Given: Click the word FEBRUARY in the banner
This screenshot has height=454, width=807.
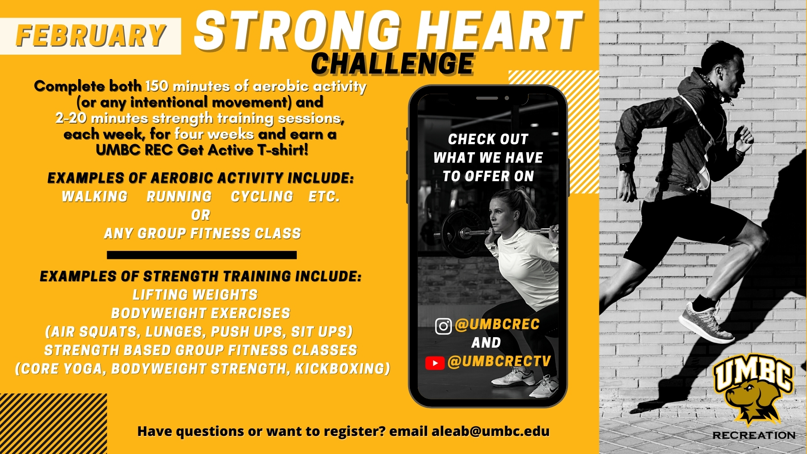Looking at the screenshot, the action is point(91,36).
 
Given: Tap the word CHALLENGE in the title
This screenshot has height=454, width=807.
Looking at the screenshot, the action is point(393,64).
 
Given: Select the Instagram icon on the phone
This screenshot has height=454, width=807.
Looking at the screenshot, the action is point(443,326).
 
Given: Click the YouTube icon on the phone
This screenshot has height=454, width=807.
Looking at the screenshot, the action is point(435,363).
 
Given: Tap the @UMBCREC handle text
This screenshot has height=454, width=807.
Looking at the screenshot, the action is point(497,325).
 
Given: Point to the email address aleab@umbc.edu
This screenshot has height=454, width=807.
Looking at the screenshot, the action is point(491,431).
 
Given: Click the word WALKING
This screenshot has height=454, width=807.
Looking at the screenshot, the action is point(95,197).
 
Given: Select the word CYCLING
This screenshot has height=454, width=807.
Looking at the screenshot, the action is point(262,197).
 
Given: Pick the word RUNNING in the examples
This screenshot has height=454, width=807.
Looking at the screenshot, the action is point(179,197).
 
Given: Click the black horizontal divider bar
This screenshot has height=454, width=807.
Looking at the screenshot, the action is point(202,255).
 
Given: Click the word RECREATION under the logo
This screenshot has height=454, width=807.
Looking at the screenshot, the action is point(754,436).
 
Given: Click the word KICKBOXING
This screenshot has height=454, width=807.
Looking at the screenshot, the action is point(343,369).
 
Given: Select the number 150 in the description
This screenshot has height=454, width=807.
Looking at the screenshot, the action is point(157,86).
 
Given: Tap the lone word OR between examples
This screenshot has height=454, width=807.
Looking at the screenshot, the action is point(200,215).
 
